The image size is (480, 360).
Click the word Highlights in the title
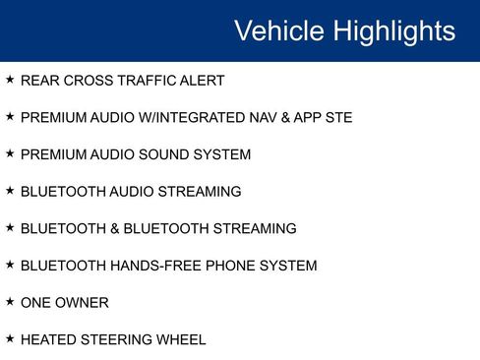[x=394, y=31]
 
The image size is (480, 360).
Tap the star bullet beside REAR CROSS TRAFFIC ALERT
[x=10, y=80]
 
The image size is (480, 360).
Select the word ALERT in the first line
[x=202, y=81]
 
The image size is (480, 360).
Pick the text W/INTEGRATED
[x=194, y=118]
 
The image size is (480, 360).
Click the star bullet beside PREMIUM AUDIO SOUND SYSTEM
[x=10, y=153]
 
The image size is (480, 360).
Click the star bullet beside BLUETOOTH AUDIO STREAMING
[x=10, y=191]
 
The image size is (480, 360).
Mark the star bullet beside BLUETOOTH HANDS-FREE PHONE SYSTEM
[x=10, y=265]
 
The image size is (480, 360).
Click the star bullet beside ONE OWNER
[x=10, y=302]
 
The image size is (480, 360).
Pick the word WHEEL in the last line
[x=181, y=340]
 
